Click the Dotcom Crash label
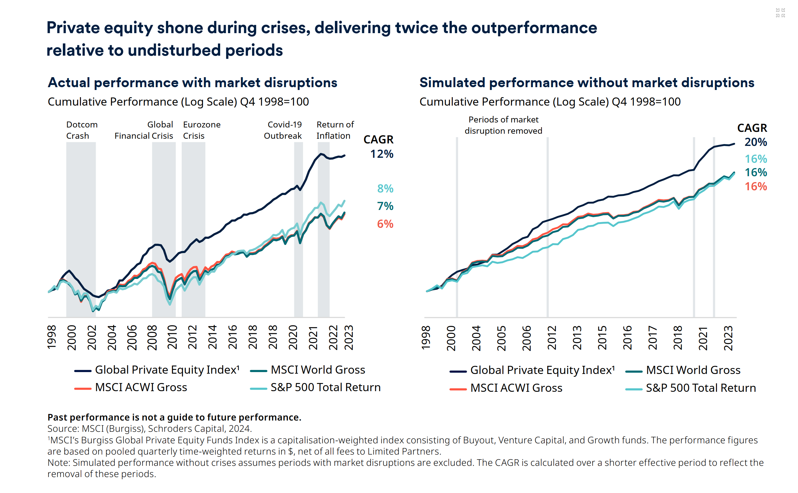pos(82,130)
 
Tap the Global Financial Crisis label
pos(144,130)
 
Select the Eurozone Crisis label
pos(202,130)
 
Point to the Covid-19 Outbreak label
pos(283,130)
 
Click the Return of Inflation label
pos(335,130)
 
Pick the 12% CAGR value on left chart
pos(381,154)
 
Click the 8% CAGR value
pos(385,188)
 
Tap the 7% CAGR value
pos(385,206)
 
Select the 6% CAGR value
pos(385,224)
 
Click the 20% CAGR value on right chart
pos(755,142)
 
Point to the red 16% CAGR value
pos(755,187)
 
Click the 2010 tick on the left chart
pos(172,337)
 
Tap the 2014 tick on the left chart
pos(212,337)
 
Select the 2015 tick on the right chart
pos(602,338)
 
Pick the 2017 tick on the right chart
pos(652,338)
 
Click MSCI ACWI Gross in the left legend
pos(141,387)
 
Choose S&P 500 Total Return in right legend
pos(700,388)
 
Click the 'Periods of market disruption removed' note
pos(503,125)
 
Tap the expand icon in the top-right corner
pos(780,13)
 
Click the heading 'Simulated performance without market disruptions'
pos(587,83)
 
